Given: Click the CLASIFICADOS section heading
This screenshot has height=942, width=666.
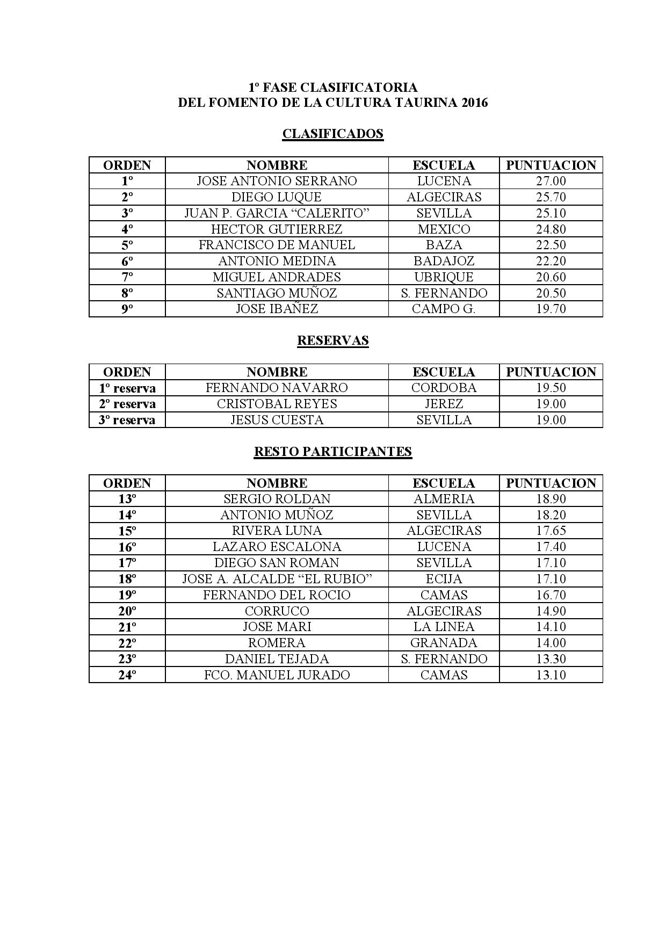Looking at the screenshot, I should click(332, 134).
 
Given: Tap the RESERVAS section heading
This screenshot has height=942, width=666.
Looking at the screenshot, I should click(332, 340).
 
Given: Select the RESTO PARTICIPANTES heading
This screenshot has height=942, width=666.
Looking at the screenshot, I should click(332, 451).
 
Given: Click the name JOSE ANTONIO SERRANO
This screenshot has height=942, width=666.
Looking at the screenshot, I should click(277, 181).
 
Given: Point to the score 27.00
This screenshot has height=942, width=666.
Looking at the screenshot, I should click(551, 181).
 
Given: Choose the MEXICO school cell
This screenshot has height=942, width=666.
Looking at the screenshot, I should click(444, 229).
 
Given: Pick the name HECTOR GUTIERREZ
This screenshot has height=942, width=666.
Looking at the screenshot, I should click(277, 229).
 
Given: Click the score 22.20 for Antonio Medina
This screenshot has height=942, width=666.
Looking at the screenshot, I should click(551, 261).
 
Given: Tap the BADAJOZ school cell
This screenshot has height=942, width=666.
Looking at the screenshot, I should click(444, 261).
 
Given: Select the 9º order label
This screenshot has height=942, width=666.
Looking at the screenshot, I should click(127, 309).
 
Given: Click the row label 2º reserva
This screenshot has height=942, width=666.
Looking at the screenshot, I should click(127, 404).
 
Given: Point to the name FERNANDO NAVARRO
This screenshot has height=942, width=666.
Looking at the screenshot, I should click(277, 388).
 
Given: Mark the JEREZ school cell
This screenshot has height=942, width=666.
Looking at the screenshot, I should click(444, 404).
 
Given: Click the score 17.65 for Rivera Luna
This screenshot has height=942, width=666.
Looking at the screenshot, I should click(551, 531).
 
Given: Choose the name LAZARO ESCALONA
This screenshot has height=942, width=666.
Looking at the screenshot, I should click(277, 547).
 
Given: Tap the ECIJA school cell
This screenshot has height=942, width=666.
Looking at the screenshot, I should click(444, 579).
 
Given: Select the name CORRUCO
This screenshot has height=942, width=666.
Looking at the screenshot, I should click(277, 611).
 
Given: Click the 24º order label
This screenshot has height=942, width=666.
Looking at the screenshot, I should click(127, 675).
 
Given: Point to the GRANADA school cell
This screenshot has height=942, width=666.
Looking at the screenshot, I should click(444, 643).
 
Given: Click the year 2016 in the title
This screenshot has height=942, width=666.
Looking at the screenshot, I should click(474, 103).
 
